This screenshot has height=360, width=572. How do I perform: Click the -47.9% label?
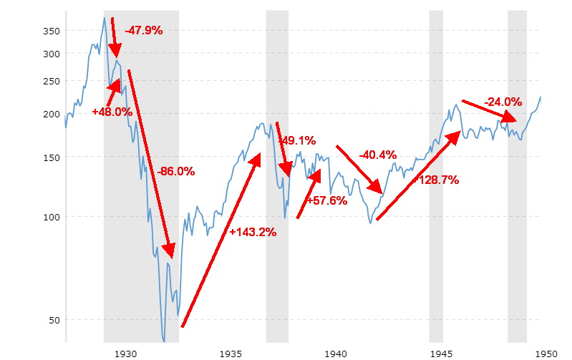(143, 31)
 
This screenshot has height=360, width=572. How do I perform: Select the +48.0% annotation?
(112, 112)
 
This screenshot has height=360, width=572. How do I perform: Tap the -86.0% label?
(175, 172)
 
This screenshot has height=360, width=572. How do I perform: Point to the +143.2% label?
(253, 232)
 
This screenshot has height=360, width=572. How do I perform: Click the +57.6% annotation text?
(326, 201)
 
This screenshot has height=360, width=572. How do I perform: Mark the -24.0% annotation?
(503, 102)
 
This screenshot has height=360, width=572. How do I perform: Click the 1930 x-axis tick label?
(125, 353)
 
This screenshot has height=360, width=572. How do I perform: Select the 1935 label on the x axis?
(231, 353)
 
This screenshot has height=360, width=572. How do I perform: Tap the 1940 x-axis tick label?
(336, 353)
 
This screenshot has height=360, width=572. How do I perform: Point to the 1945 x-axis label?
(441, 353)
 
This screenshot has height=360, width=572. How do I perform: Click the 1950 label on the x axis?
(546, 353)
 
